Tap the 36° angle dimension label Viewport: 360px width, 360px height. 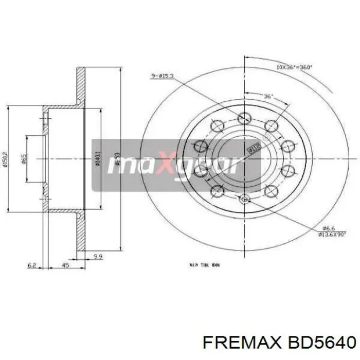tap(268, 96)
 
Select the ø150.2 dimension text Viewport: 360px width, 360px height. tap(5, 158)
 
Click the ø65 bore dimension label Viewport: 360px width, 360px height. tap(24, 159)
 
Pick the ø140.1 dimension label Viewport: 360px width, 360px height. tap(97, 158)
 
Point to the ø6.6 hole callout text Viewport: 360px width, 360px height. tap(314, 228)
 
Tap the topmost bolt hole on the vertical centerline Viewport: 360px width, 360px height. tap(243, 120)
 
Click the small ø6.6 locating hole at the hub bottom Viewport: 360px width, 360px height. tap(243, 197)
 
